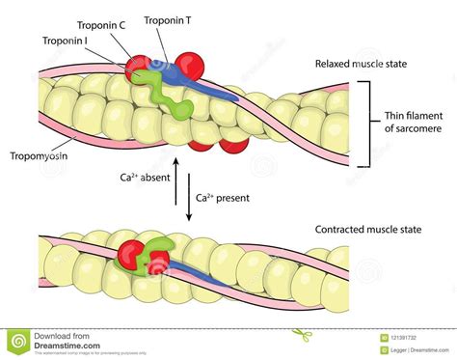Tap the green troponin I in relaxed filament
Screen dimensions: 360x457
click(154, 93)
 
